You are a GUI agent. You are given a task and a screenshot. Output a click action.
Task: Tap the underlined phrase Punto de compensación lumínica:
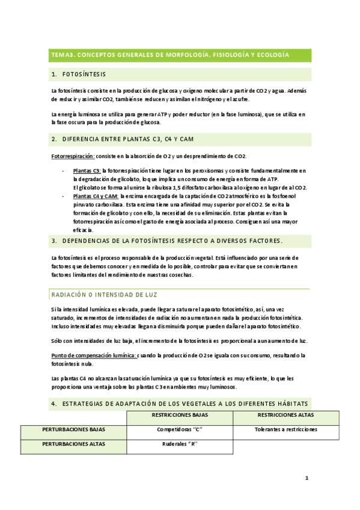click(x=93, y=355)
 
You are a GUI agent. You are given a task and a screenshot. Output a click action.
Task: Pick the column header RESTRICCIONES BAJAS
click(x=180, y=415)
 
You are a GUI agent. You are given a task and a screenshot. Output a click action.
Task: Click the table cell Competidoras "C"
click(x=180, y=430)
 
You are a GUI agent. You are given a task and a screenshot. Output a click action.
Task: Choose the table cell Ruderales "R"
click(x=180, y=445)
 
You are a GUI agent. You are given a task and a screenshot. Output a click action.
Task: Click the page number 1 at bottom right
click(x=307, y=479)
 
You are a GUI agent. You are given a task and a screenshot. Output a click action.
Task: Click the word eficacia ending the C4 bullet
click(x=83, y=229)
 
